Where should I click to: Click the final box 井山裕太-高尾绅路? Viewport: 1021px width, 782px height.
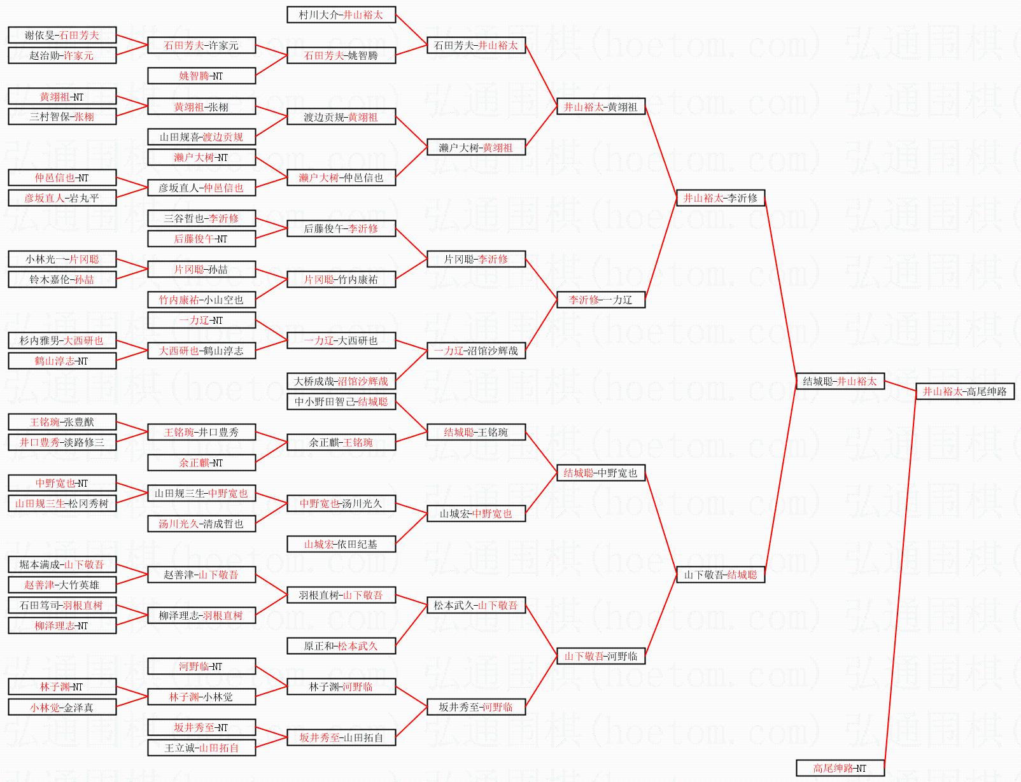(964, 391)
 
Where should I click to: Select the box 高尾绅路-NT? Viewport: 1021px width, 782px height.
(840, 768)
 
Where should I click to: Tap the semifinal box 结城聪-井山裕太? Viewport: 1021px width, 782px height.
(840, 381)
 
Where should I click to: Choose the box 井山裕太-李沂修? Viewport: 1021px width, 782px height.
(720, 198)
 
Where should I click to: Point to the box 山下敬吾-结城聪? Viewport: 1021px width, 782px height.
(720, 575)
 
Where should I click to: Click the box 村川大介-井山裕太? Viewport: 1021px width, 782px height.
(341, 15)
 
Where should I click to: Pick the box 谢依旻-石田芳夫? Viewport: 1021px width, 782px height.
(62, 35)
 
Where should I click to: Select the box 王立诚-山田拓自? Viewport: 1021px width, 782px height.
(201, 748)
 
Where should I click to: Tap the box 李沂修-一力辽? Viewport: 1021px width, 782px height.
(600, 300)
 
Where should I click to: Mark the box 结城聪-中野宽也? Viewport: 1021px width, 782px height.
(600, 473)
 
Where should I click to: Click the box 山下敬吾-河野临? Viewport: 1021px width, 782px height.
(600, 656)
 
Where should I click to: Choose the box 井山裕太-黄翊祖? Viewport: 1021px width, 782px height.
(600, 107)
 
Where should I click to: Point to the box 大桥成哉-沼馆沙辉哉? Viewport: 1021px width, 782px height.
(341, 381)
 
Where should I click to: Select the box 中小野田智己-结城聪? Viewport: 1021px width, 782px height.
(341, 401)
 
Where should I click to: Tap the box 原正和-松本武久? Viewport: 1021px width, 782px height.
(341, 646)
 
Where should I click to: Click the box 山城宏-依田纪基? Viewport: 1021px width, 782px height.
(341, 544)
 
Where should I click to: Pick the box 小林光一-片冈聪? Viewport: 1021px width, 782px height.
(62, 259)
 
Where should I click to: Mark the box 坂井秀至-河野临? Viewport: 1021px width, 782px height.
(475, 707)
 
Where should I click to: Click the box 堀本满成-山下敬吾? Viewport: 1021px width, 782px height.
(62, 564)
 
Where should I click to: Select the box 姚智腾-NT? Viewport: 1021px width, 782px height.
(201, 76)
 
